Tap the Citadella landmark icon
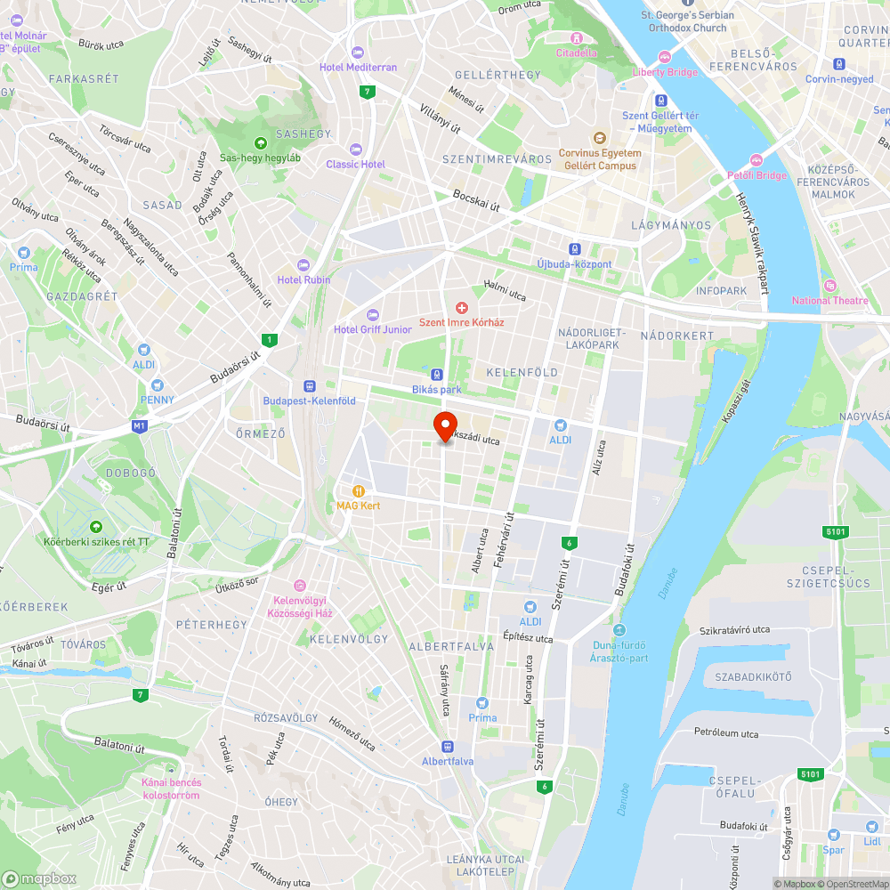[x=577, y=37]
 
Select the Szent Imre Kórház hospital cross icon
[x=461, y=307]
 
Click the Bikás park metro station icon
[x=437, y=375]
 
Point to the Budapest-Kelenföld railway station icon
[x=309, y=386]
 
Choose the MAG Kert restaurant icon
[x=359, y=490]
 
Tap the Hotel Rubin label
[x=303, y=279]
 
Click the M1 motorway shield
[x=139, y=426]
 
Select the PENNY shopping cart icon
[x=158, y=385]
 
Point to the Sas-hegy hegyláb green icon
[x=260, y=142]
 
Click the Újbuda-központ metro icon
[x=575, y=249]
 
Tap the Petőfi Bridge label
[x=757, y=175]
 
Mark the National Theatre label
[x=829, y=301]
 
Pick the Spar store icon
[x=833, y=835]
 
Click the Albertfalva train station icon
[x=448, y=746]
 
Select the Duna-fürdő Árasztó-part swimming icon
[x=619, y=630]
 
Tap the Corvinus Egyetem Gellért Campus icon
[x=599, y=138]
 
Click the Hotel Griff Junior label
[x=373, y=329]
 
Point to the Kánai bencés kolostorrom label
[x=171, y=789]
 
